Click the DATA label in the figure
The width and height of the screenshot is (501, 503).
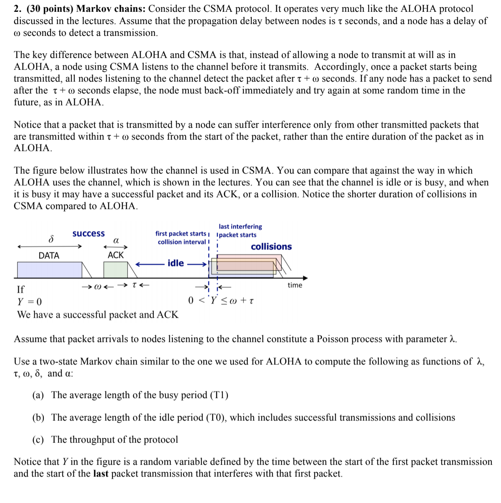pyautogui.click(x=49, y=255)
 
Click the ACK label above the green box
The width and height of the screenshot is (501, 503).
pyautogui.click(x=116, y=255)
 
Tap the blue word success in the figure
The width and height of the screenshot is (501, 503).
pyautogui.click(x=89, y=234)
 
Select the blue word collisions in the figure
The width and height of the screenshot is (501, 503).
pyautogui.click(x=271, y=247)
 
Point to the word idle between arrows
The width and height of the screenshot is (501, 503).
pyautogui.click(x=175, y=263)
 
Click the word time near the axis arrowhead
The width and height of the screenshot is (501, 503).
pyautogui.click(x=295, y=285)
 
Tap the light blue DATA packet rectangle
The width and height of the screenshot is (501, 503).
pyautogui.click(x=49, y=270)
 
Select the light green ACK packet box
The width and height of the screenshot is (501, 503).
pyautogui.click(x=115, y=270)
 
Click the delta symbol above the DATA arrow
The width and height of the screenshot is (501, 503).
pyautogui.click(x=51, y=239)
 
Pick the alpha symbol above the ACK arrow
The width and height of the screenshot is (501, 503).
pyautogui.click(x=116, y=240)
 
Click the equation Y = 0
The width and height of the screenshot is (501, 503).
pyautogui.click(x=30, y=302)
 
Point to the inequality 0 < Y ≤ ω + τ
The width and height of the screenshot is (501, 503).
pyautogui.click(x=221, y=301)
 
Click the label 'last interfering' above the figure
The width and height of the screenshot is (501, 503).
pyautogui.click(x=240, y=227)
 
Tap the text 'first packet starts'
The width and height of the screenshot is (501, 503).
pyautogui.click(x=181, y=234)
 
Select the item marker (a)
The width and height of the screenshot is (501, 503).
pyautogui.click(x=38, y=395)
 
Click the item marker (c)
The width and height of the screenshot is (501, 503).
pyautogui.click(x=38, y=440)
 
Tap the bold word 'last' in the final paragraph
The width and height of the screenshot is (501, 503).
pyautogui.click(x=101, y=474)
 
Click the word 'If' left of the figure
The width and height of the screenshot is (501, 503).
pyautogui.click(x=21, y=289)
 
